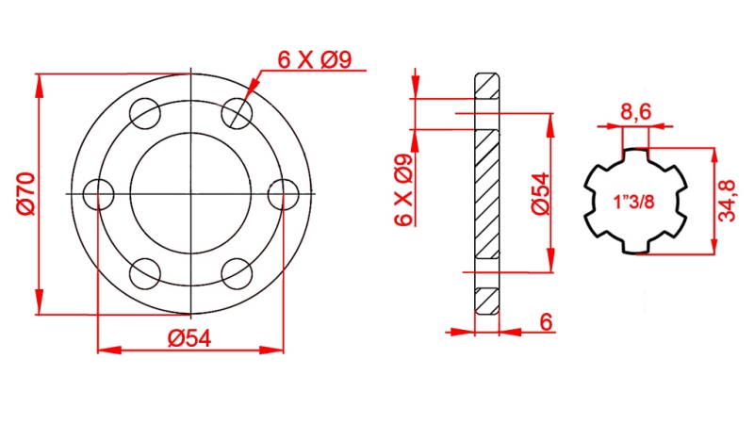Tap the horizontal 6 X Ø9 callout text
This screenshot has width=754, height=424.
pos(315,61)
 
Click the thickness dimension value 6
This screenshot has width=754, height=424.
pos(546,321)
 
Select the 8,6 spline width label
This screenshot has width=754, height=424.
pos(634,113)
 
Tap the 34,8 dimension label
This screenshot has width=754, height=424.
pos(726,200)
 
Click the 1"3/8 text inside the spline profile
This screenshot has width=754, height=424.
pos(633,202)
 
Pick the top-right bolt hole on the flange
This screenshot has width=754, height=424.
pos(237,114)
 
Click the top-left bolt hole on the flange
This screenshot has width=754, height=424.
pos(145,114)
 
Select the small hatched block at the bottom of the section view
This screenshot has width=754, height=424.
pos(486,301)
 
